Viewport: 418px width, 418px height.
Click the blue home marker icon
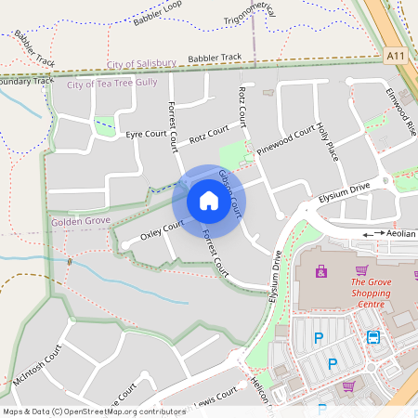pos(209,201)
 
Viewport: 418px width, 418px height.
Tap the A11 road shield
pos(395,57)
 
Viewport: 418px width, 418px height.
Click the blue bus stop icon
pos(373,338)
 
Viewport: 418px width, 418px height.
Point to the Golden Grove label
pos(81,222)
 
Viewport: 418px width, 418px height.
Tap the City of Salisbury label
pos(141,63)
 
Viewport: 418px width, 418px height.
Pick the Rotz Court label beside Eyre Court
pos(209,137)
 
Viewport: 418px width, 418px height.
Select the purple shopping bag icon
pos(321,271)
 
